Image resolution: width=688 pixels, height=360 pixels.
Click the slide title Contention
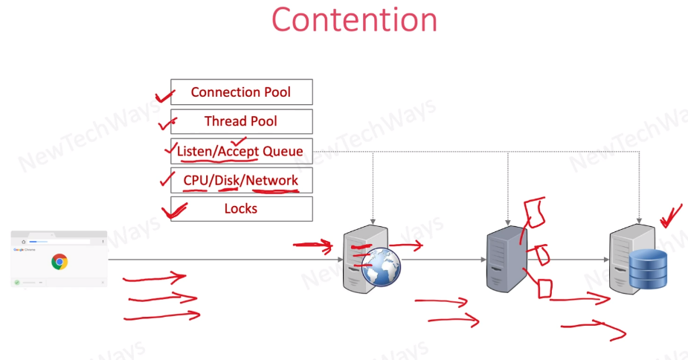[353, 20]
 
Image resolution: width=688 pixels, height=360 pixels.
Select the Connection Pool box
[241, 92]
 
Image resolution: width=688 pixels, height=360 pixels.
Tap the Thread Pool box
[241, 121]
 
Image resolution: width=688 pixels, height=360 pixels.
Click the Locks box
[241, 209]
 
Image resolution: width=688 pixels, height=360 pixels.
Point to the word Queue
[283, 152]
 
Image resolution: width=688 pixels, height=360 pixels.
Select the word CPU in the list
[196, 180]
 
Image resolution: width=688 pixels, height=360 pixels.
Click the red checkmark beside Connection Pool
[163, 95]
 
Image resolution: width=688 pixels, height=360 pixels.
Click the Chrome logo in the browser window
[60, 261]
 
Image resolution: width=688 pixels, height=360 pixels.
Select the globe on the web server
[382, 267]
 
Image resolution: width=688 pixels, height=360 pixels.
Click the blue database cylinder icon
[649, 269]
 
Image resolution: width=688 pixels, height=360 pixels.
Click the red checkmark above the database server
[670, 216]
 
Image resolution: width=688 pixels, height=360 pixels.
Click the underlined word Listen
[195, 152]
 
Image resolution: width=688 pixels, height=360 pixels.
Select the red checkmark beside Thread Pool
[169, 123]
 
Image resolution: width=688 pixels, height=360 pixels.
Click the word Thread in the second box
[224, 121]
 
